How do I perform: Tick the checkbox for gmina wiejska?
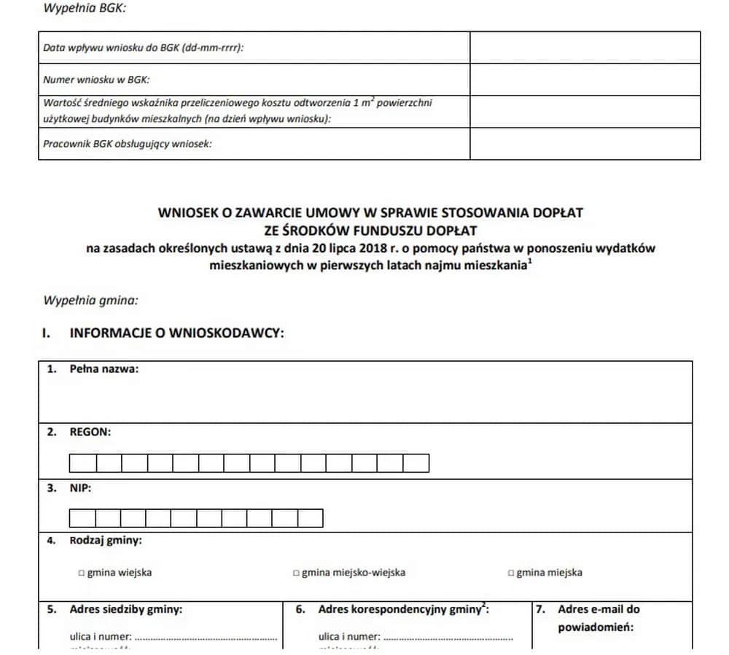pos(82,573)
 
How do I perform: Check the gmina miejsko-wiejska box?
pos(296,573)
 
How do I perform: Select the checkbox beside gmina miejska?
pos(511,573)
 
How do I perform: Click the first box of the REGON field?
pos(82,463)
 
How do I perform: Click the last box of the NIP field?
pos(310,518)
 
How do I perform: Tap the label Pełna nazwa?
pos(104,369)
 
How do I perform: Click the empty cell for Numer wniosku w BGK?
pos(585,80)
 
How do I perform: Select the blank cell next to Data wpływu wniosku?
pos(585,47)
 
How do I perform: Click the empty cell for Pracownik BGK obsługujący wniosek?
pos(585,144)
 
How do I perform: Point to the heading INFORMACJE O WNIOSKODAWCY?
pos(176,333)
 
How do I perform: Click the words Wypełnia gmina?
pos(90,300)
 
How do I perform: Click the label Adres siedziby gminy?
pos(125,609)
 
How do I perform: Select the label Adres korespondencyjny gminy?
pos(402,609)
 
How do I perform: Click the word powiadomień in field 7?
pos(596,627)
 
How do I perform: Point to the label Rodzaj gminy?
pos(106,540)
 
